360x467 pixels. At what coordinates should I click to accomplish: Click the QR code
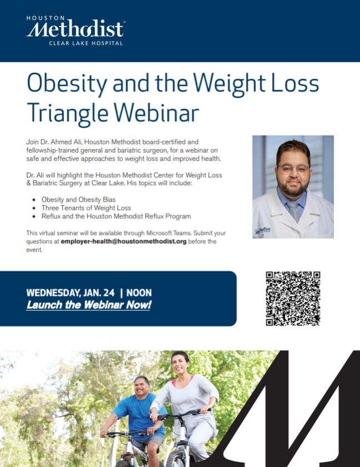[293, 298]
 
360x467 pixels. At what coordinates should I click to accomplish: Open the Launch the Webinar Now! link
[88, 305]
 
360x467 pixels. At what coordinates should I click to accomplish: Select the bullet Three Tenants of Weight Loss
[80, 208]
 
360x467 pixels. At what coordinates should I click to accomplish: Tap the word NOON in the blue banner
[139, 293]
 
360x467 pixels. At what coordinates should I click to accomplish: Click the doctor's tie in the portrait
[293, 212]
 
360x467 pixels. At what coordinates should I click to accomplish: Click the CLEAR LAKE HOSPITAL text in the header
[86, 43]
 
